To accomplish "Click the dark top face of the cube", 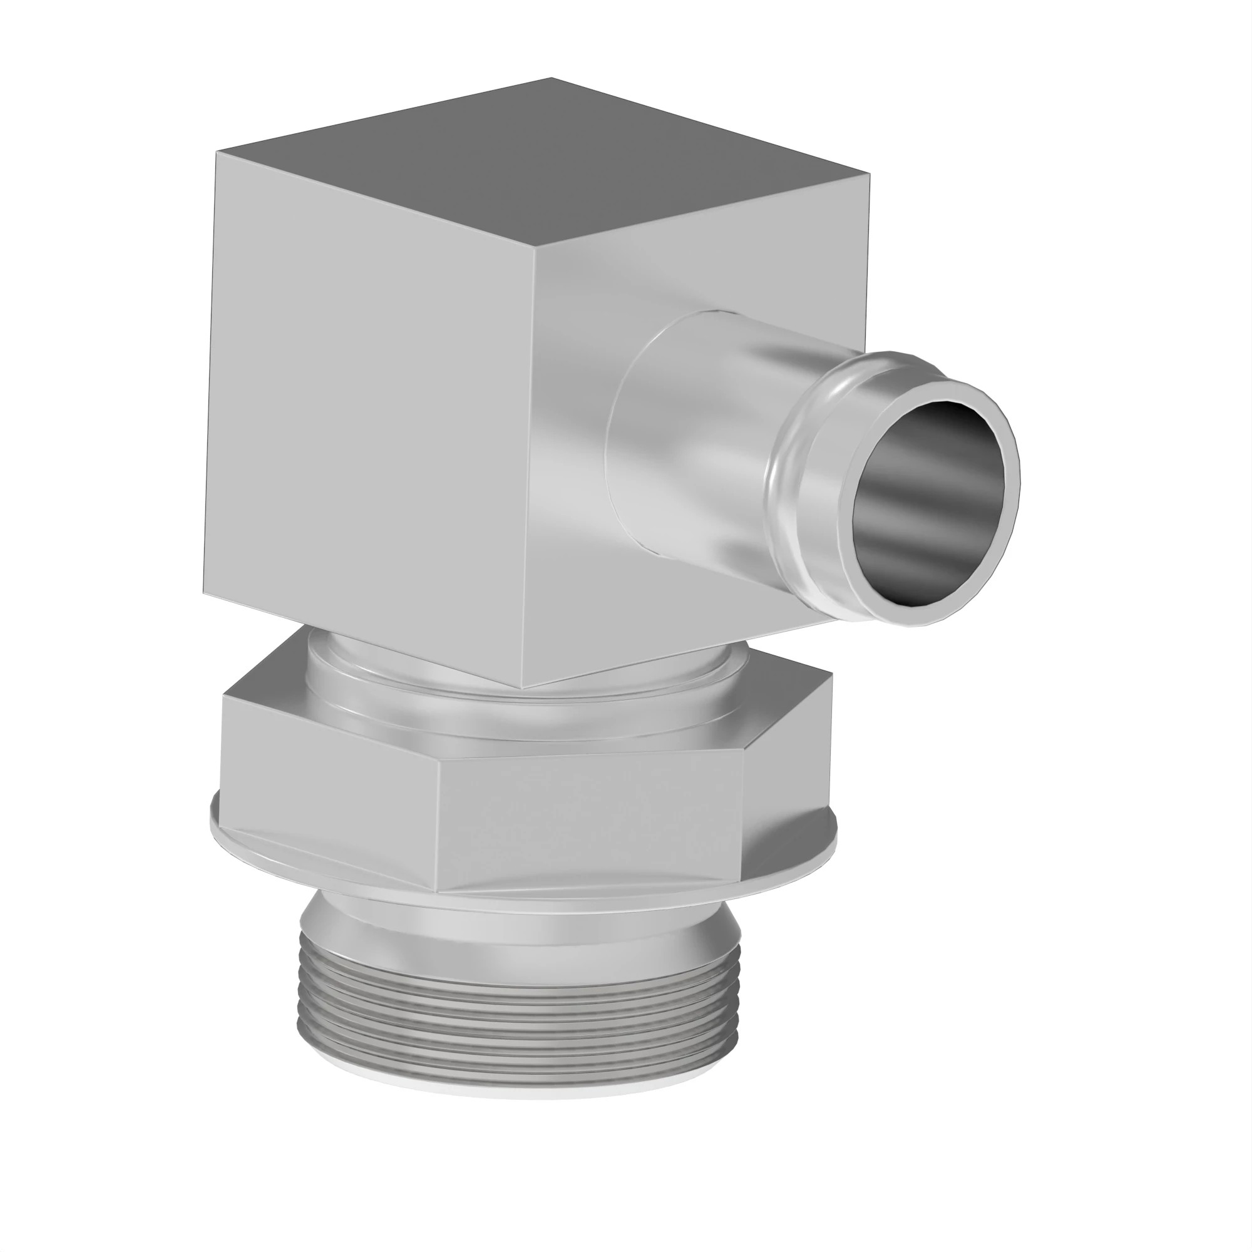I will click(x=545, y=168).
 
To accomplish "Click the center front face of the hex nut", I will click(x=590, y=820).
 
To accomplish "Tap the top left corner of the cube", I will click(x=217, y=153).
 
